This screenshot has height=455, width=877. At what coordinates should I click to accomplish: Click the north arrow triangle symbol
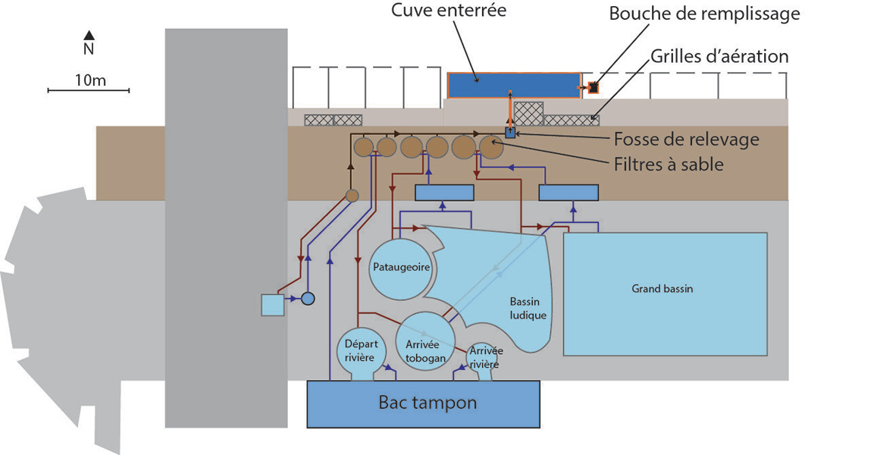coord(89,35)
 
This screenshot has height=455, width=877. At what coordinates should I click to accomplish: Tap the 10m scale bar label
coord(90,80)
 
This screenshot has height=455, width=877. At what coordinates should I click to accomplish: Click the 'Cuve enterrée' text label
coord(449,10)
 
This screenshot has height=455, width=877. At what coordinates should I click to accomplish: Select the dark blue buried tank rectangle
coord(514,85)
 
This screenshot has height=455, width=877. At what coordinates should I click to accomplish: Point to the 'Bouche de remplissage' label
coord(704,14)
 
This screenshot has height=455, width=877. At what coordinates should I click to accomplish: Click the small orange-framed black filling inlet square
coord(593,88)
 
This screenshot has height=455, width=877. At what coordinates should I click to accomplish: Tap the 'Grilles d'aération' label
coord(719,56)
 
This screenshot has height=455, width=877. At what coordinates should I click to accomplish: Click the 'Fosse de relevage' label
coord(686,139)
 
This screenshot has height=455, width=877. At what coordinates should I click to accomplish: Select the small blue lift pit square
coord(510,133)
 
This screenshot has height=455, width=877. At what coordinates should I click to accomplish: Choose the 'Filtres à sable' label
coord(669,164)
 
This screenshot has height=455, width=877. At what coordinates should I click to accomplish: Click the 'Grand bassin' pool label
coord(662,289)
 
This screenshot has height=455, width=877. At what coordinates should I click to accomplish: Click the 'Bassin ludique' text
coord(528,309)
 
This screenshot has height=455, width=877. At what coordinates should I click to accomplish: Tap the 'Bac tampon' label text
coord(428,403)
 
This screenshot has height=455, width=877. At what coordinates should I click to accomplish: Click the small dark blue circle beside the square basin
coord(309,298)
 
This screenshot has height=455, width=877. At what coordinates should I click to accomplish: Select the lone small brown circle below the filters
coord(352,196)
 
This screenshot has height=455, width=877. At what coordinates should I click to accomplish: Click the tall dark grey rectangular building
coord(226,228)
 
